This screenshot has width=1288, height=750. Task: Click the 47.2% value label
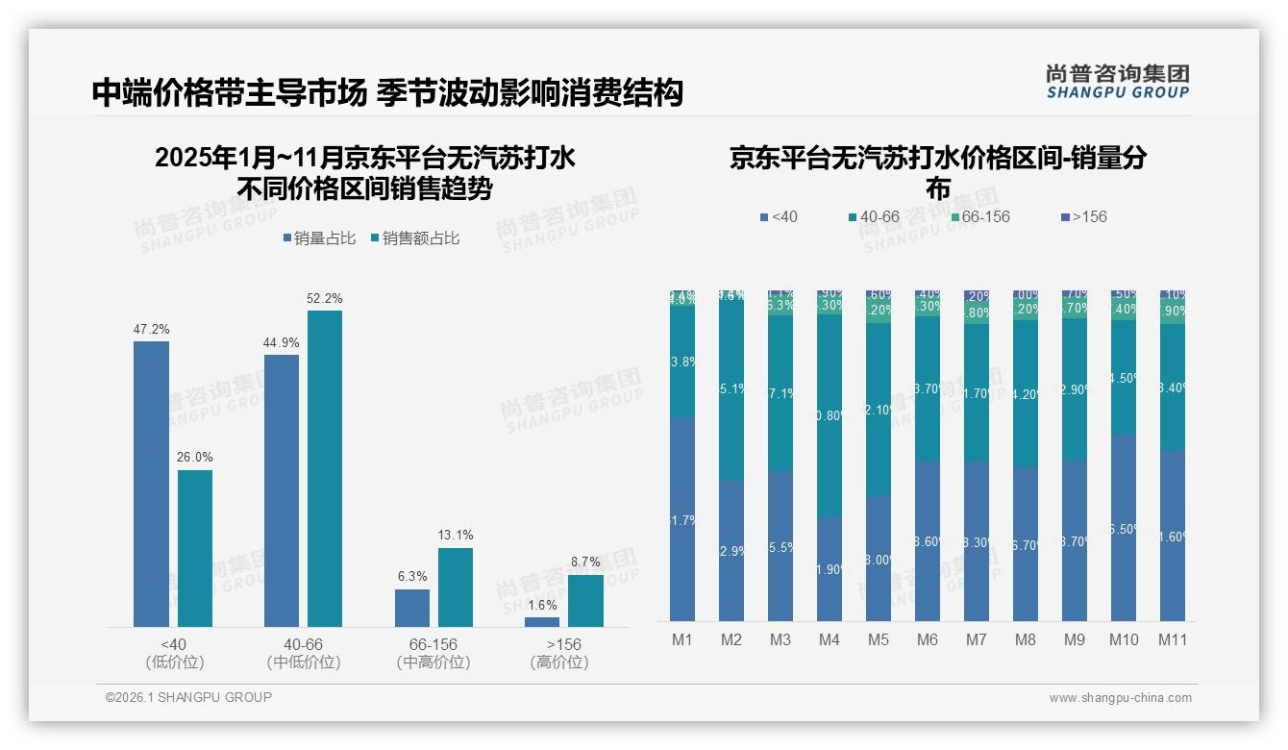pyautogui.click(x=151, y=330)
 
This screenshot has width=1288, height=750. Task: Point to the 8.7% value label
pyautogui.click(x=584, y=562)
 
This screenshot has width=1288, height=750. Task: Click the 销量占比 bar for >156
pyautogui.click(x=542, y=622)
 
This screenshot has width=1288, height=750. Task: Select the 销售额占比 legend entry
pyautogui.click(x=414, y=238)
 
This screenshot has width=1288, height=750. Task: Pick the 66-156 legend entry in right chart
pyautogui.click(x=979, y=217)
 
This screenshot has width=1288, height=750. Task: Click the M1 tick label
pyautogui.click(x=681, y=640)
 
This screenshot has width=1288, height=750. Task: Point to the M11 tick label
pyautogui.click(x=1172, y=640)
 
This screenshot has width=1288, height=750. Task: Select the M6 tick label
pyautogui.click(x=927, y=640)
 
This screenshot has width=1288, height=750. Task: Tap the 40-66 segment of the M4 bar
pyautogui.click(x=829, y=414)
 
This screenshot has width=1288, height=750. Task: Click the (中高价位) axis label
pyautogui.click(x=433, y=662)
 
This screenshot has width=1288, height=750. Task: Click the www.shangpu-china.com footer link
pyautogui.click(x=1120, y=698)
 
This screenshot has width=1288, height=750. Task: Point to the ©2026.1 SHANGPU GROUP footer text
pyautogui.click(x=188, y=697)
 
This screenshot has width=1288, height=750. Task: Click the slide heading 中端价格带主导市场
pyautogui.click(x=229, y=92)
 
